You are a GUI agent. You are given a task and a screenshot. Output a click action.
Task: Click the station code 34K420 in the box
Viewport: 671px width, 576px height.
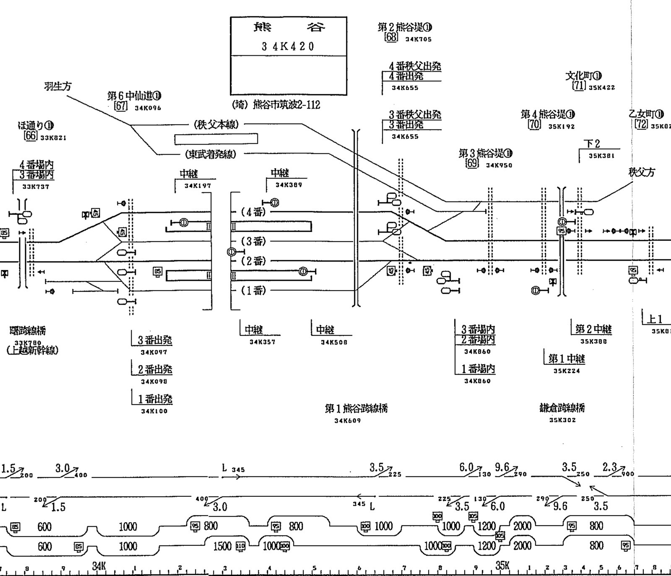(x=288, y=46)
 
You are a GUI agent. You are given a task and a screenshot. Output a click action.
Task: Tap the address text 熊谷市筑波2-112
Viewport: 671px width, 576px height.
(x=286, y=104)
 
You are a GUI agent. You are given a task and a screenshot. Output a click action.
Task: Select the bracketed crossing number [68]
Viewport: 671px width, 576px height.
(x=391, y=37)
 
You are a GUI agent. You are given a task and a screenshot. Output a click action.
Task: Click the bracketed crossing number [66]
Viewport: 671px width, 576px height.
(x=31, y=135)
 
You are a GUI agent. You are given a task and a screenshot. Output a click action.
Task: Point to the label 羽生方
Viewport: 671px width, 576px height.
(x=58, y=86)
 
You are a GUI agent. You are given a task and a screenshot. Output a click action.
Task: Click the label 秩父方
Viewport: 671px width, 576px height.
(x=642, y=172)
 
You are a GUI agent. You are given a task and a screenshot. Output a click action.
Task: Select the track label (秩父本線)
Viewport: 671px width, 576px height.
(x=216, y=124)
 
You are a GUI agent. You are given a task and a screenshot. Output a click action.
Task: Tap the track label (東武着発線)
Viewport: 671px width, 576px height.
(x=211, y=154)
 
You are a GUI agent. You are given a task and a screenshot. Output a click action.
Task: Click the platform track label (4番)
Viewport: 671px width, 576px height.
(x=254, y=212)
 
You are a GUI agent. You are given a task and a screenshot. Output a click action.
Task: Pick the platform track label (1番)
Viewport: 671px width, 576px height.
(x=254, y=290)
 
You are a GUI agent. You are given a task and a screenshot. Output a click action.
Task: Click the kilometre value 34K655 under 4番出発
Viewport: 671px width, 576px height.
(x=405, y=88)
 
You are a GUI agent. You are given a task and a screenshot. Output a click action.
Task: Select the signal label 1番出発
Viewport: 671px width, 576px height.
(x=155, y=399)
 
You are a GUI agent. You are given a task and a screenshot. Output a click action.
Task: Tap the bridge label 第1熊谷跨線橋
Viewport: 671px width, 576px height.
(x=356, y=408)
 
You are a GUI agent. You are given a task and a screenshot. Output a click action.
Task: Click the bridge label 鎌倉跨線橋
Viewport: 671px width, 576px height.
(x=562, y=407)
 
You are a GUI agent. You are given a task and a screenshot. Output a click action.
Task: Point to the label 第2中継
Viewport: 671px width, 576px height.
(x=593, y=329)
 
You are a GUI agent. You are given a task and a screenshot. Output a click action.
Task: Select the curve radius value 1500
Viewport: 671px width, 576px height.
(x=222, y=546)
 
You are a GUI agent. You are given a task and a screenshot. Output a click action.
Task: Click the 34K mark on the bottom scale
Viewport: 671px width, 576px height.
(x=99, y=566)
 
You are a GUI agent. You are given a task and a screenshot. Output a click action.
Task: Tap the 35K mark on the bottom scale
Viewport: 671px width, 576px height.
(x=502, y=566)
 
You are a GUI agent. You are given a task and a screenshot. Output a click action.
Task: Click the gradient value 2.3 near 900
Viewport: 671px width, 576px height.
(x=609, y=467)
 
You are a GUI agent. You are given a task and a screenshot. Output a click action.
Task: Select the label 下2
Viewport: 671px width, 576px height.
(x=592, y=144)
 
